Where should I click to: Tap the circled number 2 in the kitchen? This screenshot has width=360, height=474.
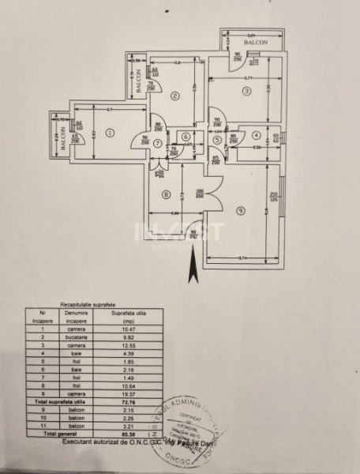click(x=175, y=96)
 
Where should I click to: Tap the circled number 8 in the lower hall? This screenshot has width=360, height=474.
click(x=166, y=194)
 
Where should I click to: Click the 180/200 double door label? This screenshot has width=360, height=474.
click(x=201, y=192)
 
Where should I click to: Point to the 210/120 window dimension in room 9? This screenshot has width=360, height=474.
click(x=274, y=199)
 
